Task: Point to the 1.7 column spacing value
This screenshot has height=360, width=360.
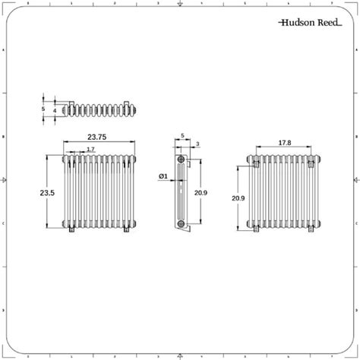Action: pos(90,150)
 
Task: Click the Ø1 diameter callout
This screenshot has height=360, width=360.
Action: pos(163,177)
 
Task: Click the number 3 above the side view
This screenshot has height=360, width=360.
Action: pos(197,144)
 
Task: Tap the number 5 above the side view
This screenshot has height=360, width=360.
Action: pos(184,137)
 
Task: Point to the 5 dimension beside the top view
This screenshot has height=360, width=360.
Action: pos(43,109)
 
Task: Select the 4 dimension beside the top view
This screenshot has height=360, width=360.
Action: pos(54,111)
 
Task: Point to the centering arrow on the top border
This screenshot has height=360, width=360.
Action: pos(180,5)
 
